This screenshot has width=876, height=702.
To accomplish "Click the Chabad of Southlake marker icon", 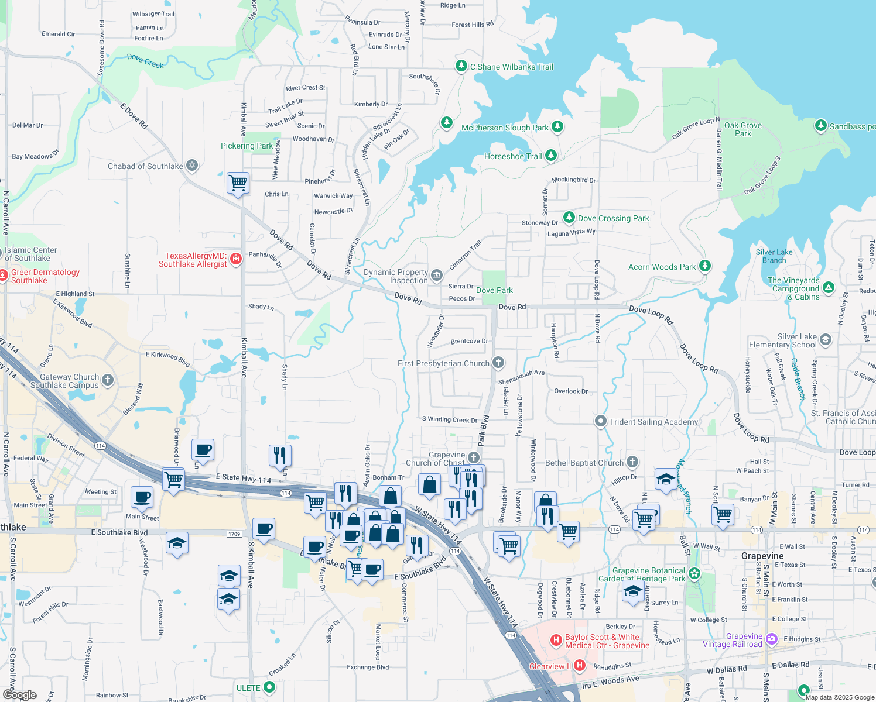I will click(x=191, y=166).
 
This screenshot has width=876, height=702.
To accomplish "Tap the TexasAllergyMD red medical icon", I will click(x=236, y=259).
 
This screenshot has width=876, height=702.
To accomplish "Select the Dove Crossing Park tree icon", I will click(x=569, y=218).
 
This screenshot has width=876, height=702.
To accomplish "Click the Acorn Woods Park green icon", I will click(x=705, y=266).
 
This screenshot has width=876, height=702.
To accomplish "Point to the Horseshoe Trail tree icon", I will click(x=550, y=156).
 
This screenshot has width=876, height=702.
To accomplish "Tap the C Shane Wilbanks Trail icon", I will click(x=461, y=66).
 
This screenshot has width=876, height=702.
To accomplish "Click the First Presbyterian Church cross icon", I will click(x=498, y=363).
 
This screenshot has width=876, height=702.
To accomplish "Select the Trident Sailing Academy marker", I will click(x=600, y=421).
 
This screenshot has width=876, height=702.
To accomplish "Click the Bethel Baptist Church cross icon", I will click(x=632, y=462).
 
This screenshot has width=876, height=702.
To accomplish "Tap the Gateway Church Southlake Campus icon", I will click(x=107, y=380).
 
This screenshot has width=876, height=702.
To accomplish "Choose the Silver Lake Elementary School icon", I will click(x=826, y=340).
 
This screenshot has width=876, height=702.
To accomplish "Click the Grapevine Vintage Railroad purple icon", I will click(x=772, y=639).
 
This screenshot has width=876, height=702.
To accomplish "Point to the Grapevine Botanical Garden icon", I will click(x=694, y=573).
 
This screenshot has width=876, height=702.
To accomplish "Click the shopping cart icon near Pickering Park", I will click(x=238, y=183).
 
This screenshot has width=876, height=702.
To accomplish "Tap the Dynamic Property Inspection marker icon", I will click(x=436, y=276).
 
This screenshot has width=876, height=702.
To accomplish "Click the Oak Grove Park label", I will click(x=742, y=129).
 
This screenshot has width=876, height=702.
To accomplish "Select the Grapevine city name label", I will click(x=762, y=556).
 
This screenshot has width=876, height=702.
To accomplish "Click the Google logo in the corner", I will click(x=20, y=694).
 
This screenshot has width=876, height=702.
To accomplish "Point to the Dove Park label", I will click(x=494, y=290).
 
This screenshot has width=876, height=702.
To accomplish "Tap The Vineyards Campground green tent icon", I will click(x=828, y=287).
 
